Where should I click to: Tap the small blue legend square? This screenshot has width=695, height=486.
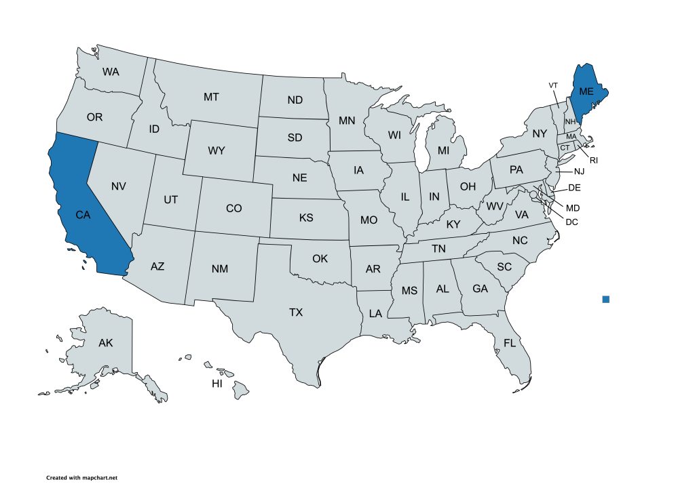pyautogui.click(x=606, y=299)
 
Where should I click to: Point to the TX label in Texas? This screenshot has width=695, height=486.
pyautogui.click(x=296, y=312)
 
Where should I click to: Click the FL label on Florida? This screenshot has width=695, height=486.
pyautogui.click(x=510, y=343)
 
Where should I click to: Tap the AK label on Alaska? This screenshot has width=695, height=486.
pyautogui.click(x=105, y=343)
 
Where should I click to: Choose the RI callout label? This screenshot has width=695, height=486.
pyautogui.click(x=593, y=161)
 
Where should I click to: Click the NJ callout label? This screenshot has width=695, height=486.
pyautogui.click(x=579, y=172)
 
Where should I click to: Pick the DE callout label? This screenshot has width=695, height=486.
pyautogui.click(x=574, y=188)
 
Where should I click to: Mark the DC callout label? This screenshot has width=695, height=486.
pyautogui.click(x=571, y=221)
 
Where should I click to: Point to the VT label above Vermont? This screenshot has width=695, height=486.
pyautogui.click(x=553, y=85)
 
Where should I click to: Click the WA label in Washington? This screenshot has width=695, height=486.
pyautogui.click(x=111, y=71)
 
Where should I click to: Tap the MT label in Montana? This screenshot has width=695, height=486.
pyautogui.click(x=211, y=97)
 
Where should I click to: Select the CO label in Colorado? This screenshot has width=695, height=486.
pyautogui.click(x=233, y=208)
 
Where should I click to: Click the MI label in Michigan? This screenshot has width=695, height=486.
pyautogui.click(x=443, y=149)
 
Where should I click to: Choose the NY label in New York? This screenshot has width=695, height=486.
pyautogui.click(x=540, y=134)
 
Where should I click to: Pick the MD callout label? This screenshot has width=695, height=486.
pyautogui.click(x=573, y=207)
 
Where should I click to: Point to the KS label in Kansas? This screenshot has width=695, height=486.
pyautogui.click(x=306, y=218)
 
